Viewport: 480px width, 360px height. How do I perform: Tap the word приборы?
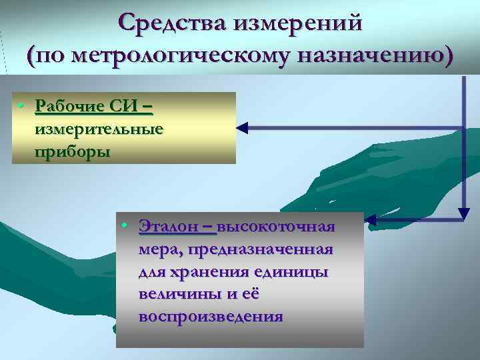(73, 151)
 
